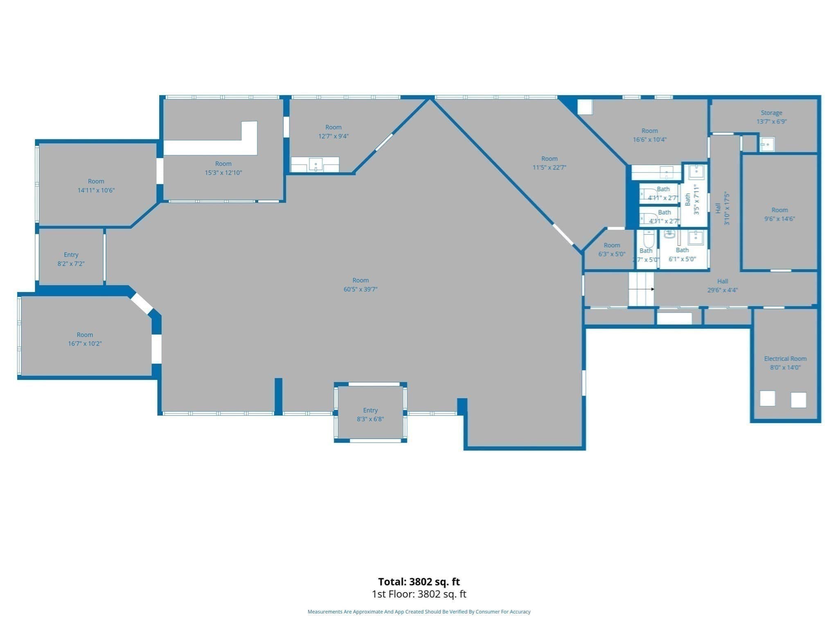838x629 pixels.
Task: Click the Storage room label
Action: tap(771, 117)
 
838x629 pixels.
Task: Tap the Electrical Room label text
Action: tap(785, 359)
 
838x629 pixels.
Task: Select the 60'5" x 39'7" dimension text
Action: tap(360, 289)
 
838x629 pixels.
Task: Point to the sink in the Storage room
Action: tap(767, 144)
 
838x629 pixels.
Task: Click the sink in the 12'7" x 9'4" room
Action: tap(315, 165)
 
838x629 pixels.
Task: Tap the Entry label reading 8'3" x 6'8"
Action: tap(370, 414)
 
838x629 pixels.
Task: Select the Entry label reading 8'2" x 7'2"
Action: tap(71, 259)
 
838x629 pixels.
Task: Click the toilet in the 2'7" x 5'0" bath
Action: tap(649, 239)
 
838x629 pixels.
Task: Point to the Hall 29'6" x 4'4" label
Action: tap(723, 285)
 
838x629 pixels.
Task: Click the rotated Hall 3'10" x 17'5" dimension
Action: tap(727, 208)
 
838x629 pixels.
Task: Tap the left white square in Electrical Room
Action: tap(767, 398)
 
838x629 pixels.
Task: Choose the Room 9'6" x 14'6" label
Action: tap(779, 214)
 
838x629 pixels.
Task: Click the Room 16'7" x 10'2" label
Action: tap(85, 339)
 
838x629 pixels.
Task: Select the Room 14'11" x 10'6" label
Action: tap(96, 186)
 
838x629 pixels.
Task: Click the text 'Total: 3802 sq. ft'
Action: tap(419, 581)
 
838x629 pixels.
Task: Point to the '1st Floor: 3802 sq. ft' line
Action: tap(419, 594)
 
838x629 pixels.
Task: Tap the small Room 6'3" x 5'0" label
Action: tap(612, 249)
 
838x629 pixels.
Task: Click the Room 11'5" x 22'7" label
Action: tap(549, 163)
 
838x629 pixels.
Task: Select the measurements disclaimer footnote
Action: tap(419, 612)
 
